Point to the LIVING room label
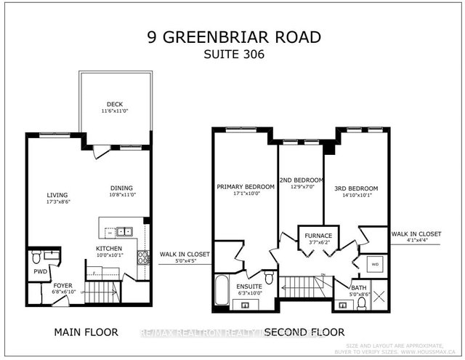[57, 195]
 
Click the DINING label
[121, 186]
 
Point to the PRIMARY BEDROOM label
[246, 187]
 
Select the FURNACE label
[319, 236]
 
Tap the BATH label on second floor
[359, 287]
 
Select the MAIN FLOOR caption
[86, 332]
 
